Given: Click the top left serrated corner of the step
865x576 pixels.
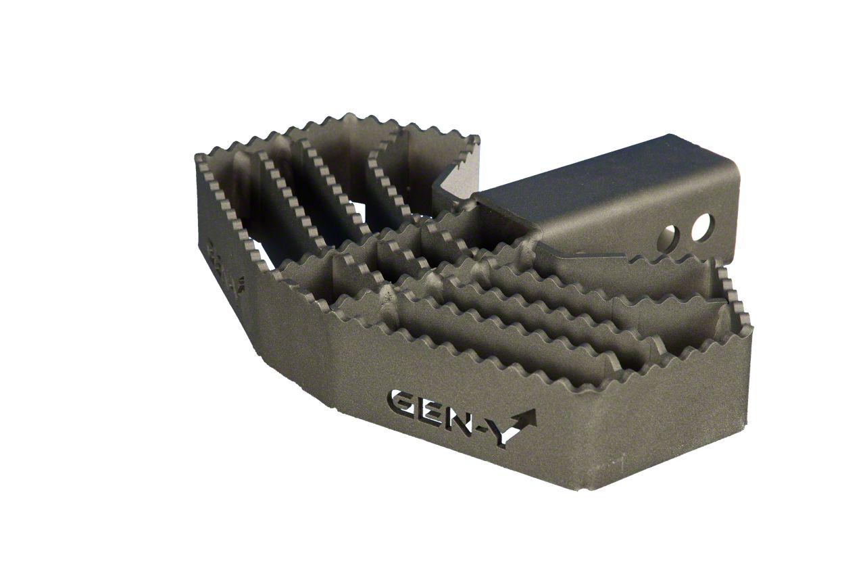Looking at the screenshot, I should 201,160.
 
